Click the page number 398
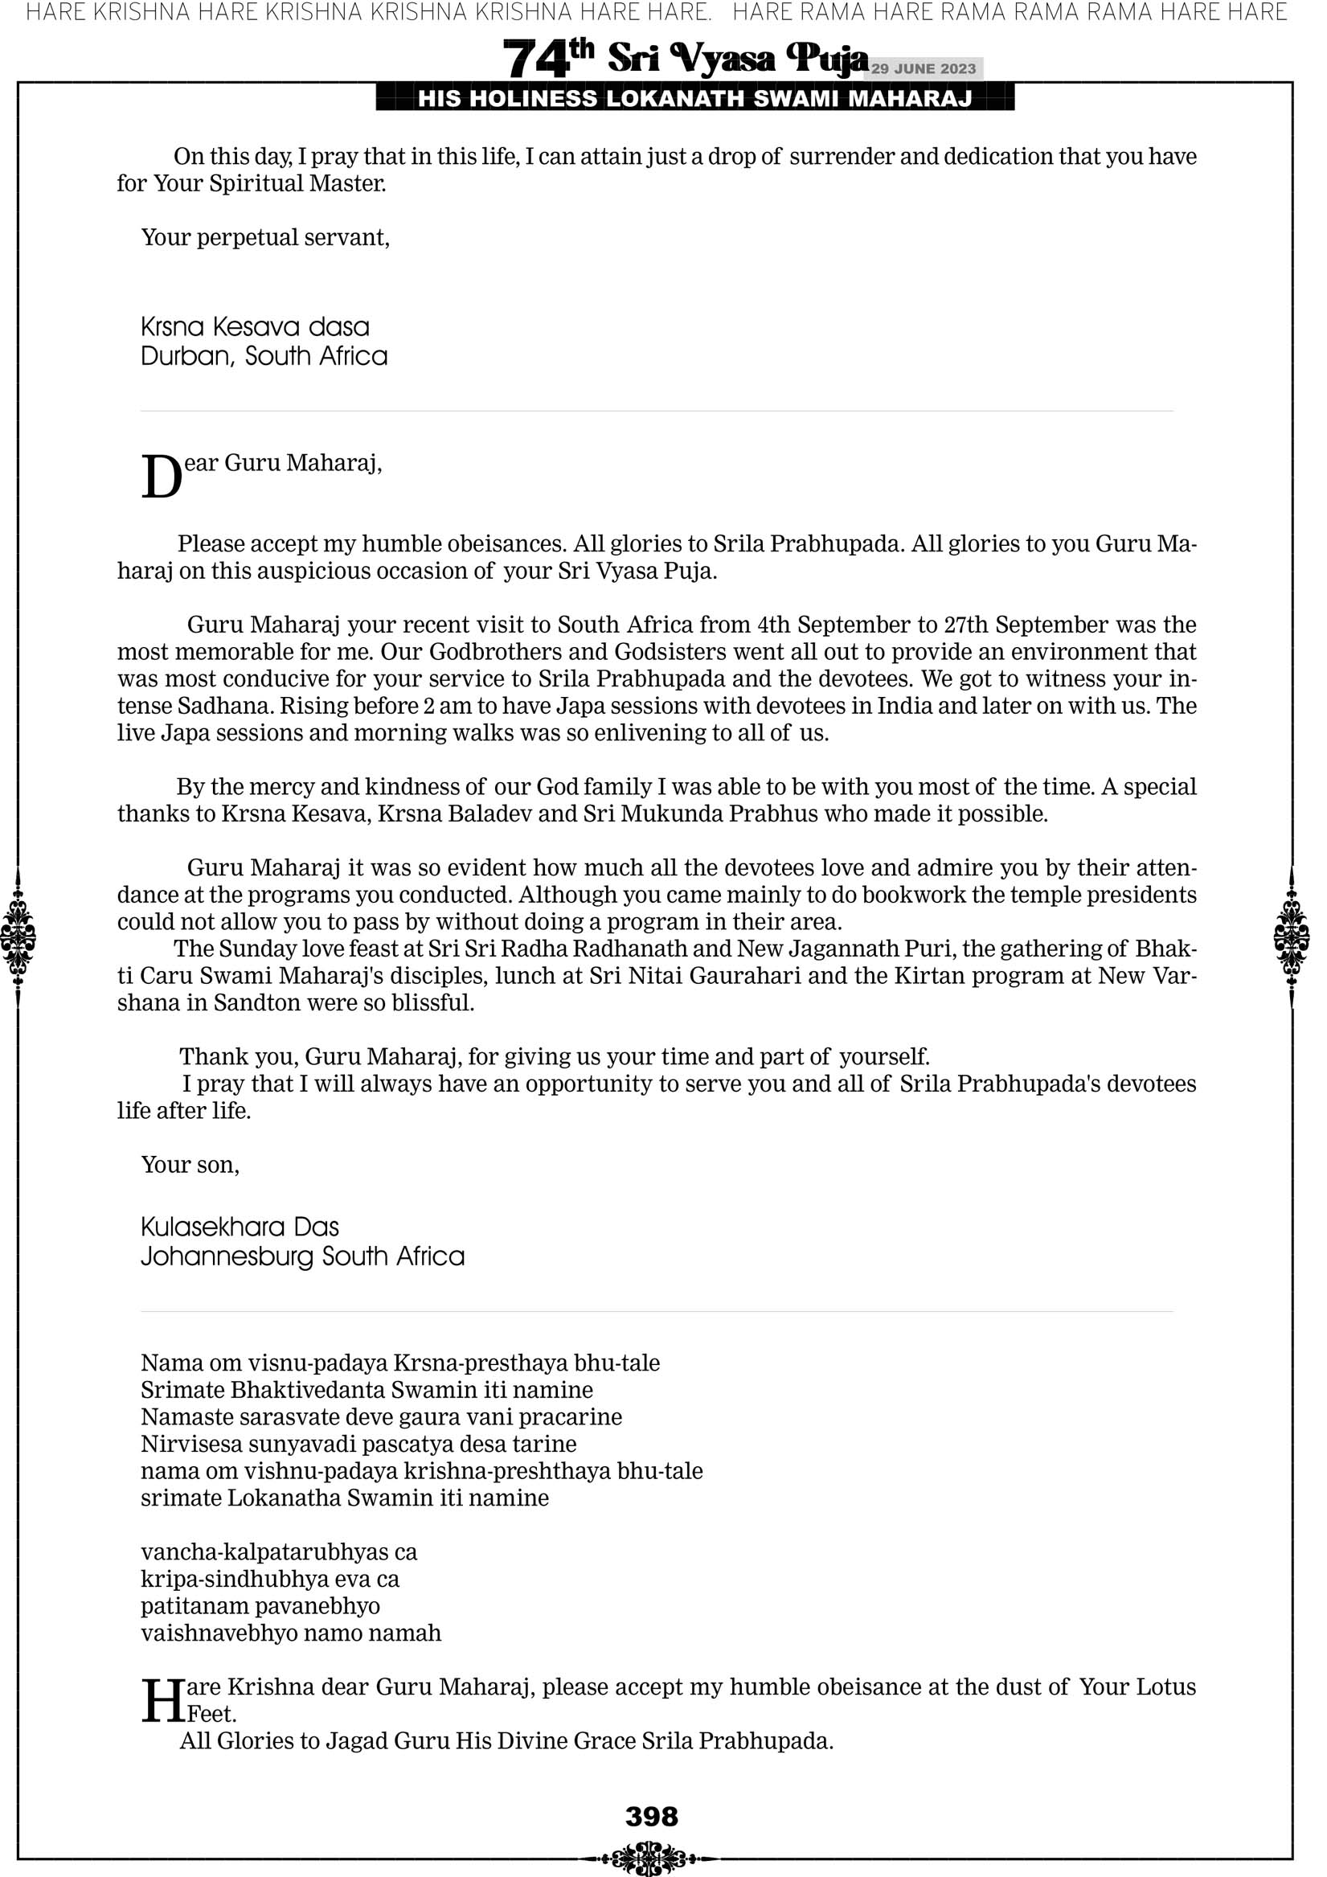tap(652, 1816)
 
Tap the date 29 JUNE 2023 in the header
tap(923, 68)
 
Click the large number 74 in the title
tap(535, 59)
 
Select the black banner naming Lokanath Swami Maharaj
tap(695, 99)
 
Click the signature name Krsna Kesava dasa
tap(255, 327)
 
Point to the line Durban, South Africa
tap(264, 356)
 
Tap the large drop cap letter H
tap(163, 1700)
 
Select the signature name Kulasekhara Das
tap(240, 1227)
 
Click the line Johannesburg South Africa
tap(302, 1256)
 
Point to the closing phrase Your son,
tap(190, 1165)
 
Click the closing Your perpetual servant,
tap(266, 237)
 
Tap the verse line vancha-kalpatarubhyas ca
tap(279, 1551)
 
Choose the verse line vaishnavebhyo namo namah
tap(291, 1633)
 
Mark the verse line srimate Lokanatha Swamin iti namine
tap(345, 1498)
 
